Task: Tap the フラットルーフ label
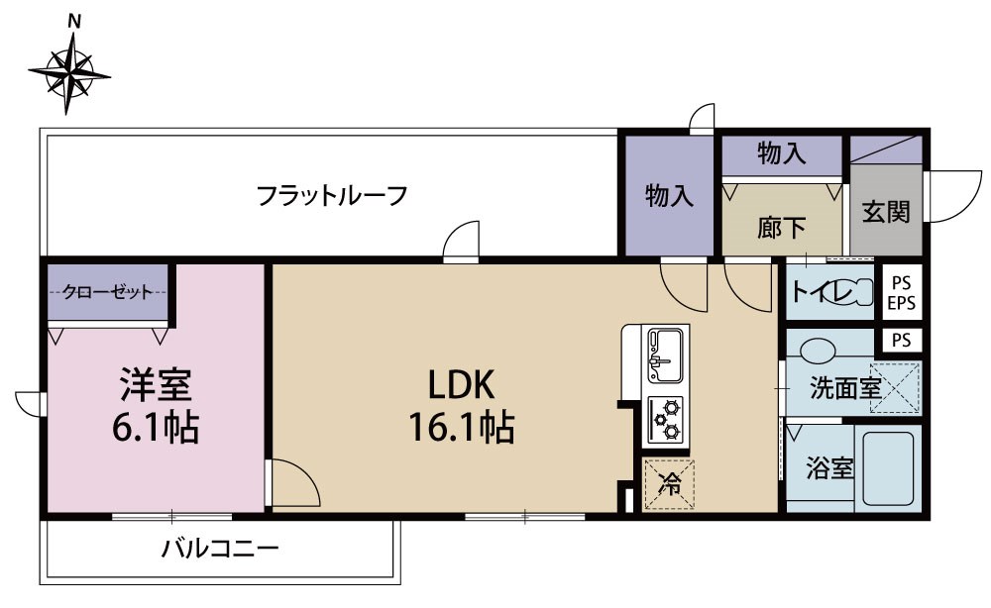pyautogui.click(x=332, y=195)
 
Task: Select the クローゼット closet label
pyautogui.click(x=107, y=291)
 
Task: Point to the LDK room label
pyautogui.click(x=461, y=384)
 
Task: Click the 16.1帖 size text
pyautogui.click(x=461, y=428)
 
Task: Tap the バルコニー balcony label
pyautogui.click(x=221, y=548)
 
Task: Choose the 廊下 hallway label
pyautogui.click(x=782, y=229)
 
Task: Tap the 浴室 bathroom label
pyautogui.click(x=829, y=468)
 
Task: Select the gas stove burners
pyautogui.click(x=665, y=418)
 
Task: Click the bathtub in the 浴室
pyautogui.click(x=889, y=467)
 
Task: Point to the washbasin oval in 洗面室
pyautogui.click(x=818, y=350)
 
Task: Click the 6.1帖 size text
pyautogui.click(x=156, y=429)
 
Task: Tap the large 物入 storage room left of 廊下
pyautogui.click(x=669, y=194)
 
